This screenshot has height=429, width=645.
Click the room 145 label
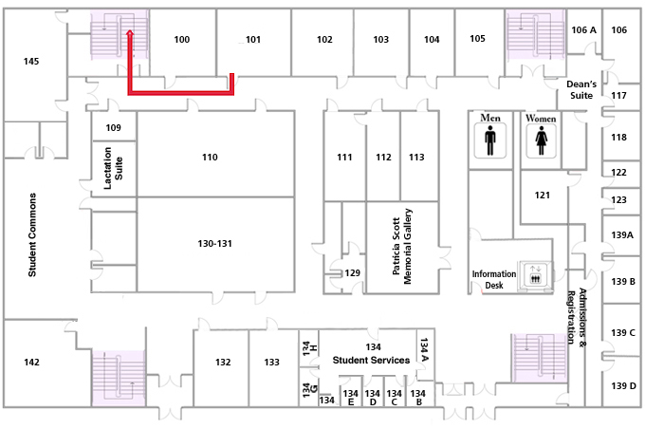coord(31,62)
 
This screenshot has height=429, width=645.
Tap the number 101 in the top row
coord(253,40)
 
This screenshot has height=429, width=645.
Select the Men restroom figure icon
coord(490,140)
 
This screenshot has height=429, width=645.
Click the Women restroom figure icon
coord(541,140)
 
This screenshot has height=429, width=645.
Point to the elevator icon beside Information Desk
coord(535,273)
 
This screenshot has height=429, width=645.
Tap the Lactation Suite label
coord(113,168)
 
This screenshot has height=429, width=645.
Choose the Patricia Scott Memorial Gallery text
coord(402,246)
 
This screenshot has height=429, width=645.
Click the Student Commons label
coord(32,235)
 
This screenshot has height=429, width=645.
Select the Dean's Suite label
coord(581,90)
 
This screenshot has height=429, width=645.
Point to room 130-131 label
coord(214,243)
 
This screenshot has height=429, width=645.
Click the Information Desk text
coord(493,280)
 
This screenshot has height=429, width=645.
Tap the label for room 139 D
coord(623,385)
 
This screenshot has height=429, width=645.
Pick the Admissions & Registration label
coord(577,317)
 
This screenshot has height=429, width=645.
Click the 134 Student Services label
coord(371,354)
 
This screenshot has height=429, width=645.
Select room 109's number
coord(113,127)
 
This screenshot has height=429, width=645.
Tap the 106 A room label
coord(583,29)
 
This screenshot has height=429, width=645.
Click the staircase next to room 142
coord(119,379)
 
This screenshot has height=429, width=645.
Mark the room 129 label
coord(352,273)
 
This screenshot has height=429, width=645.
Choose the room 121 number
coord(543,196)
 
